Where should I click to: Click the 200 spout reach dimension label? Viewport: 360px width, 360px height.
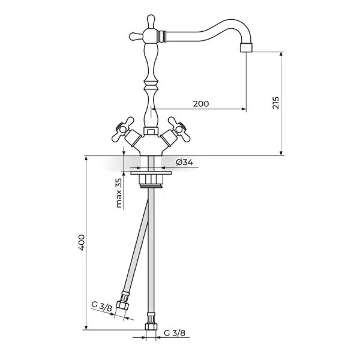[201, 104]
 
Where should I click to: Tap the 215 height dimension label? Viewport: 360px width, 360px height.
[275, 103]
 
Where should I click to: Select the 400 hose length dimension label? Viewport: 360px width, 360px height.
[82, 242]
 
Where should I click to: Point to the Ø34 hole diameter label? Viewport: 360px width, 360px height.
[185, 163]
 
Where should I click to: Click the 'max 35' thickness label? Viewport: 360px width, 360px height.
[119, 193]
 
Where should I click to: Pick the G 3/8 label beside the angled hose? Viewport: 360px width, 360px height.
[102, 307]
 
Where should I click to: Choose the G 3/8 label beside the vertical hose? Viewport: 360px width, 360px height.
[175, 333]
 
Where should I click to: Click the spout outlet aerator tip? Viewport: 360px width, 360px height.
[247, 48]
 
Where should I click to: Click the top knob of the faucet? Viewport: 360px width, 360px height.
[151, 21]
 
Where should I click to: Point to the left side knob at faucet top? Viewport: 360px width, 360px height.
[136, 36]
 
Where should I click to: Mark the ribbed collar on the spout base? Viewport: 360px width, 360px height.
[162, 36]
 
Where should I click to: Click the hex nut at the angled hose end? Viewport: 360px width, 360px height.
[121, 305]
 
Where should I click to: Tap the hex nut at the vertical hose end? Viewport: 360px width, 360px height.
[151, 326]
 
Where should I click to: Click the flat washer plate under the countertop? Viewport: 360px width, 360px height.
[151, 173]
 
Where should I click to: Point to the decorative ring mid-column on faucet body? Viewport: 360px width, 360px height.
[151, 85]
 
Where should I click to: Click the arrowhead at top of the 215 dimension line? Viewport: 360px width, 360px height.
[281, 54]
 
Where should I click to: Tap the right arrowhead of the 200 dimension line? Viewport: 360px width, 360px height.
[244, 109]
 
